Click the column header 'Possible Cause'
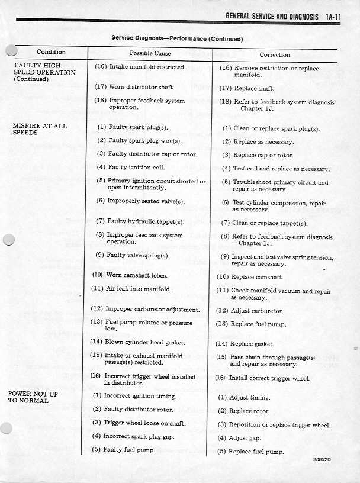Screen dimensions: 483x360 tap(150, 53)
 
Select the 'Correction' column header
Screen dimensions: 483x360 tap(275, 54)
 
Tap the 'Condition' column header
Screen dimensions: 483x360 tap(51, 52)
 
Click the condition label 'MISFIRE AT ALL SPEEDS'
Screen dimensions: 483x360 tap(40, 129)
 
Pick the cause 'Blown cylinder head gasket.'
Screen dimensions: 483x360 tap(137, 342)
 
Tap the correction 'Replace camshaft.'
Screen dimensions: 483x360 tap(250, 277)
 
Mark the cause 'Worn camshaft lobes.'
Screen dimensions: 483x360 tap(130, 275)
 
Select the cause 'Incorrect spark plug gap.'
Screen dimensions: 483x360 tap(134, 436)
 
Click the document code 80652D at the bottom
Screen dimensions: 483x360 tap(323, 460)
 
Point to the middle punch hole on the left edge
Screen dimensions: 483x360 tap(8, 239)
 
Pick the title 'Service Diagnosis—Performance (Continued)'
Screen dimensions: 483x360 tap(177, 38)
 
